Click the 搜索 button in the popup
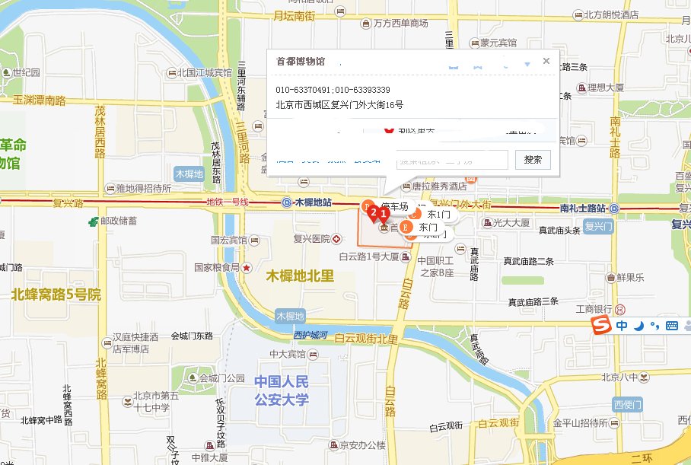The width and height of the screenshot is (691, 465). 533,159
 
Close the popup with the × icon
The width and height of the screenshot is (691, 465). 546,62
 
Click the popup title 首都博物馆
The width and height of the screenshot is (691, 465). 300,62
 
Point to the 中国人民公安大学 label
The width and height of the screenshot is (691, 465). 282,390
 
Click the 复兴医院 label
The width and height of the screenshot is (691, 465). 309,238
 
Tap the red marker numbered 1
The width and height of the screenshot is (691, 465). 384,212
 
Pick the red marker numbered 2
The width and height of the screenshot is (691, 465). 373,213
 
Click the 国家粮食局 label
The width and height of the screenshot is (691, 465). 217,267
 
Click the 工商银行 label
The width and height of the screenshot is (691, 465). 594,309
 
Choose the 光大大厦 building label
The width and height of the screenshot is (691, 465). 511,223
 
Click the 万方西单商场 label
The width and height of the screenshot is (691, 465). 400,24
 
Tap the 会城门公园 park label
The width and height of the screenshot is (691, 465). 221,378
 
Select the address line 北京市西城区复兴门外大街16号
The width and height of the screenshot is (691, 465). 339,105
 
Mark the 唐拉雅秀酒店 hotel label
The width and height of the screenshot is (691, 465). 438,186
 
